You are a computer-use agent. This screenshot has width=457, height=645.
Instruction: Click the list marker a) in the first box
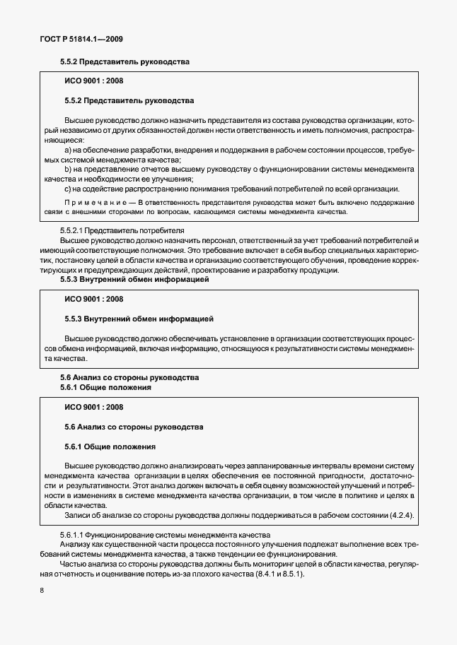(69, 151)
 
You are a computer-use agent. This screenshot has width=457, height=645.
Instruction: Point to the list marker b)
(69, 170)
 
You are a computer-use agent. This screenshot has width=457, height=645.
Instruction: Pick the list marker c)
(69, 188)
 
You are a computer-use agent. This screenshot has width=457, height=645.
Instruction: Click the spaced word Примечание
(97, 203)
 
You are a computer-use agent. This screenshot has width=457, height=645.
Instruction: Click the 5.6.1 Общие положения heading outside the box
(105, 388)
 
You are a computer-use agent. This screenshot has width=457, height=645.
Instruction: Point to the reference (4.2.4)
(400, 515)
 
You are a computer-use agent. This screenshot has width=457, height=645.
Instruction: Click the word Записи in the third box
(79, 515)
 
